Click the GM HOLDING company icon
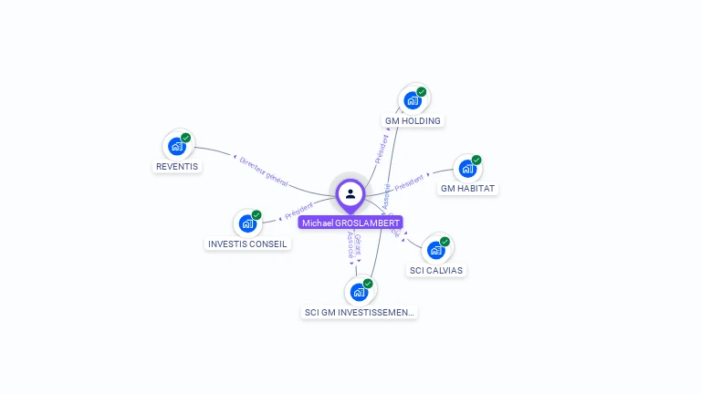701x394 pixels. (x=413, y=99)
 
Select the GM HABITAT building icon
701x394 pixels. (x=467, y=169)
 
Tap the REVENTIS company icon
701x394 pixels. (x=177, y=146)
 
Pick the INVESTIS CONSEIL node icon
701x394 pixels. (x=247, y=223)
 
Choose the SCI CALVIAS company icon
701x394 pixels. (x=436, y=249)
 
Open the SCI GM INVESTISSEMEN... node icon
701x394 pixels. (x=360, y=292)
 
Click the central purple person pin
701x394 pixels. (x=350, y=194)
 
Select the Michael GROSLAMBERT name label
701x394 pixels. (x=350, y=223)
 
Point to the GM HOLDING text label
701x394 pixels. (x=413, y=121)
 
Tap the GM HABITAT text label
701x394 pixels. (x=468, y=189)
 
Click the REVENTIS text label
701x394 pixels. (x=177, y=167)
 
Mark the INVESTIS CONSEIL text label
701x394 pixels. (x=247, y=244)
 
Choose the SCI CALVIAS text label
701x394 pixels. (x=436, y=271)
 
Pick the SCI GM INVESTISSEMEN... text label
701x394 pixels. (x=359, y=313)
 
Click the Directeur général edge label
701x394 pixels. (x=263, y=171)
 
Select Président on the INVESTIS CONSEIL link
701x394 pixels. (x=298, y=212)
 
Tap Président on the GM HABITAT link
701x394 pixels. (x=409, y=181)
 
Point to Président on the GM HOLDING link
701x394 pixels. (x=382, y=150)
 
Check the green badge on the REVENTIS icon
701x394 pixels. (x=186, y=138)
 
